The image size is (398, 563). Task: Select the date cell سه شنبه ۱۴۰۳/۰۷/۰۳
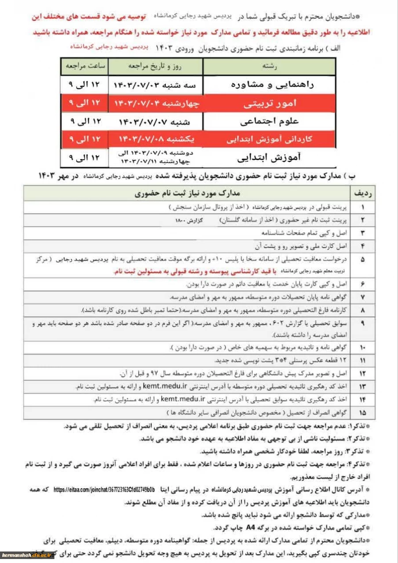click(x=156, y=85)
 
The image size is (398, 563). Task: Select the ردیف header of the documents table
click(x=363, y=193)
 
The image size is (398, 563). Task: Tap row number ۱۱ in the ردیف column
click(x=363, y=361)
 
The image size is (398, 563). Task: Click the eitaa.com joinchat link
click(x=104, y=490)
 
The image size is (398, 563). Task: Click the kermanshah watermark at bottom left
click(x=27, y=555)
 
